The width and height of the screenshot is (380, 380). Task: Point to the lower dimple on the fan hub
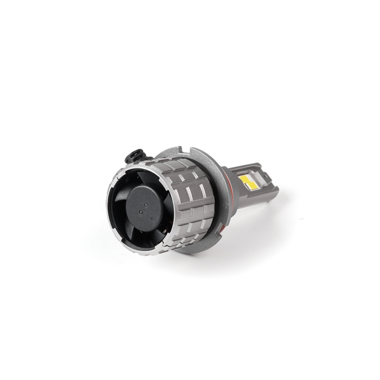click(141, 209)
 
